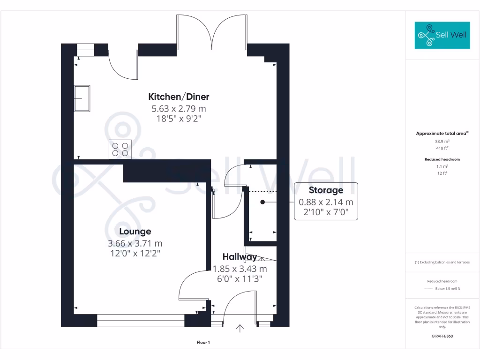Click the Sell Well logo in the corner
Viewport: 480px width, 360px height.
[x=442, y=35]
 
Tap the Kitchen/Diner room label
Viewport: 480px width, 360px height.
[x=179, y=97]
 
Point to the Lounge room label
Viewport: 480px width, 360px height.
[x=135, y=232]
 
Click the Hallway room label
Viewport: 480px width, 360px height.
[x=240, y=257]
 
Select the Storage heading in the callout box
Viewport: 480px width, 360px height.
[x=326, y=190]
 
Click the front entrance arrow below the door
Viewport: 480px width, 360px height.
[x=240, y=328]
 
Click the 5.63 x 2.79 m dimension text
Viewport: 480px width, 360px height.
[x=179, y=109]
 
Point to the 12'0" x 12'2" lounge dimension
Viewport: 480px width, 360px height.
[x=135, y=254]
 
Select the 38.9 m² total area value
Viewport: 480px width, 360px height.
[x=442, y=141]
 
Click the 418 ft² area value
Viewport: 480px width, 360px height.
[x=442, y=147]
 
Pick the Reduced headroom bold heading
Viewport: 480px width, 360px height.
[x=442, y=159]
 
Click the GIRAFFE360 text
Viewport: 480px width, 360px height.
[x=442, y=336]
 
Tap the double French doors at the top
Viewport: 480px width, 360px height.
[x=212, y=33]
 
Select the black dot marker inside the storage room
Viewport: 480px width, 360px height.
[x=263, y=202]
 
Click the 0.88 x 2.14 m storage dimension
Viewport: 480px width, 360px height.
[x=326, y=202]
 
